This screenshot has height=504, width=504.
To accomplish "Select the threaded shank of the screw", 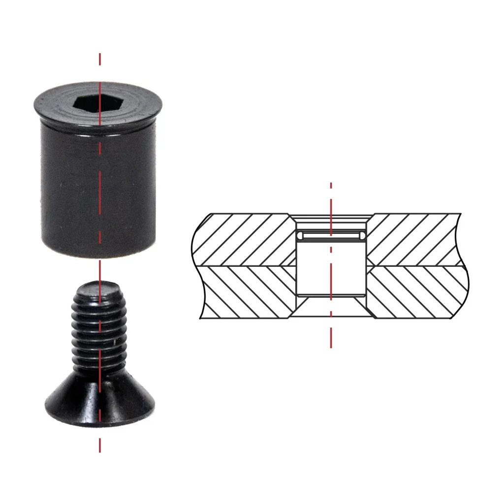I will tap(98, 330).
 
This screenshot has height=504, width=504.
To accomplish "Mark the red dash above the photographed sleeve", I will tap(100, 59).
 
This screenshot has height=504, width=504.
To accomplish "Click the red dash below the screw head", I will tap(100, 445).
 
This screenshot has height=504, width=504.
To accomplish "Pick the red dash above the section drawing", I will tap(331, 186).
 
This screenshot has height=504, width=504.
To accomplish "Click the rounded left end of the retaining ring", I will tap(300, 236).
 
